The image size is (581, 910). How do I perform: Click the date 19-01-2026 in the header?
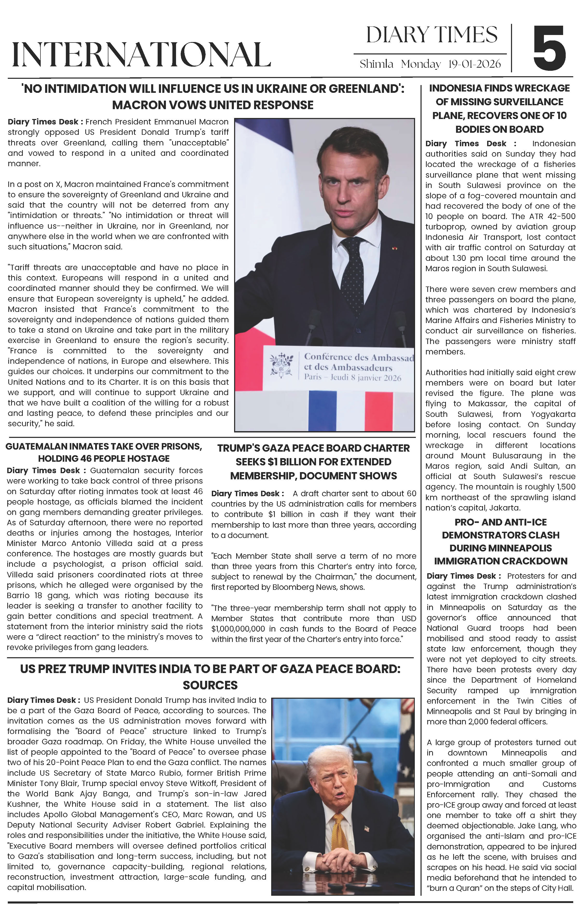[x=474, y=64]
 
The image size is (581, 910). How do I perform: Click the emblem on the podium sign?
[x=282, y=365]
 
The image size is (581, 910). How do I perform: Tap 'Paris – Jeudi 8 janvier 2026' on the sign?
[x=352, y=377]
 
